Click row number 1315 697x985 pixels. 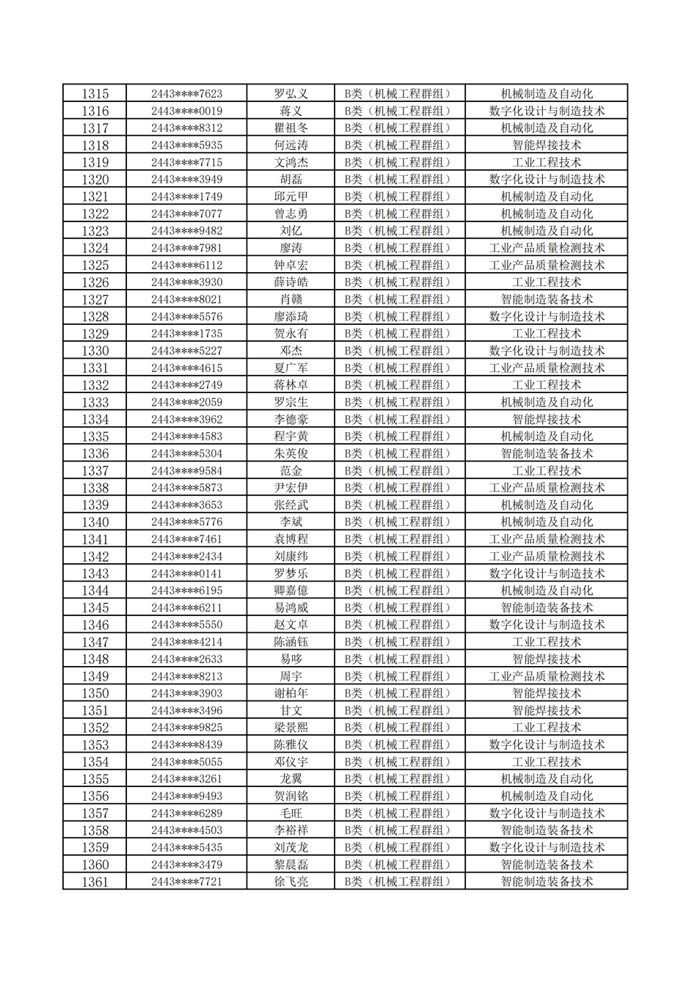(95, 94)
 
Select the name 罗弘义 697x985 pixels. (291, 94)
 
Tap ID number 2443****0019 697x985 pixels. (186, 111)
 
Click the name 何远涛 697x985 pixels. (291, 145)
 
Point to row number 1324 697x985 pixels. (95, 248)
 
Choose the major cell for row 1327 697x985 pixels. (547, 299)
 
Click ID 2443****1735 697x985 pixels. (186, 334)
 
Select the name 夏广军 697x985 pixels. (291, 368)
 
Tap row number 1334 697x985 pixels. (95, 420)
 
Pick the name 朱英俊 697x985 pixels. (291, 454)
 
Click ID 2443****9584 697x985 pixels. (186, 471)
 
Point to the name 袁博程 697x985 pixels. (291, 539)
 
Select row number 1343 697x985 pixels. (95, 574)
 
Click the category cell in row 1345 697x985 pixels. (399, 608)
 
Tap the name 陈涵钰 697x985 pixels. (291, 642)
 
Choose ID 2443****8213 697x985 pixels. (186, 676)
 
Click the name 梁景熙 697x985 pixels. (291, 728)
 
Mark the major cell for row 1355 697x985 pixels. (547, 779)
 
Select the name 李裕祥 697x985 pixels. (291, 830)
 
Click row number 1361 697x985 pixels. (95, 882)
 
